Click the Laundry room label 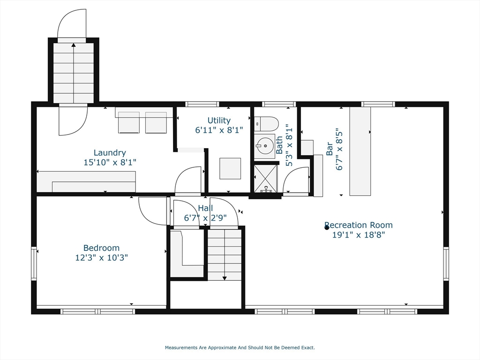point(110,152)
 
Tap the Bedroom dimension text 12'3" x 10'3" point(101,258)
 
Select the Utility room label point(219,120)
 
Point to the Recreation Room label point(359,225)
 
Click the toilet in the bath point(266,124)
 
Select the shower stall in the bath point(265,179)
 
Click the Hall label point(205,208)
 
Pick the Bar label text point(330,149)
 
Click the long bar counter point(360,151)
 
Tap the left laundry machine point(129,122)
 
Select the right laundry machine point(156,122)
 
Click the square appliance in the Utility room point(230,168)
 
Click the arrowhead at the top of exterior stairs point(74,45)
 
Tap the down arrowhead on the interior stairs point(225,278)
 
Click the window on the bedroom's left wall point(34,263)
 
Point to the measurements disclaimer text point(240,347)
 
